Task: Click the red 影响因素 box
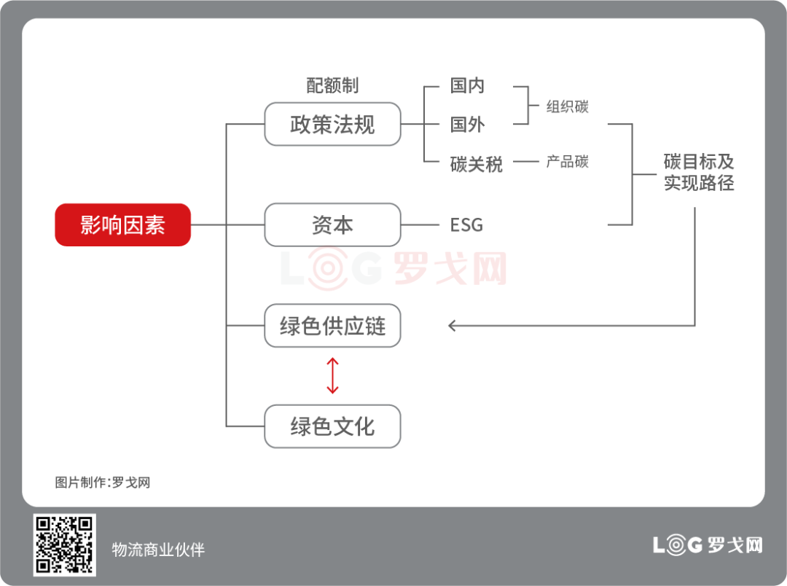click(122, 224)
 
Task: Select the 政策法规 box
click(332, 124)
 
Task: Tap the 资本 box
click(332, 224)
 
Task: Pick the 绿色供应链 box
click(332, 325)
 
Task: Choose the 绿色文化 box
click(332, 426)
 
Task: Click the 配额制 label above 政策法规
click(332, 85)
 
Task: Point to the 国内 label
click(467, 85)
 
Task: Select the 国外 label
click(467, 124)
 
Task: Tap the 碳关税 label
click(476, 164)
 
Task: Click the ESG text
click(466, 224)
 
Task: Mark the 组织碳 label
click(567, 106)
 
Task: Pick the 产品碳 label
click(567, 162)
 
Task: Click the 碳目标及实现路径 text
click(698, 172)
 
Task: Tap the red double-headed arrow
click(332, 375)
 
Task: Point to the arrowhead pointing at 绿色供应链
click(453, 326)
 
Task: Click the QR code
click(64, 544)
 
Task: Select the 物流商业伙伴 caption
click(158, 550)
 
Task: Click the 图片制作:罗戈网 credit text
click(102, 483)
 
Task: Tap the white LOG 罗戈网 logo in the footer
click(707, 544)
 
